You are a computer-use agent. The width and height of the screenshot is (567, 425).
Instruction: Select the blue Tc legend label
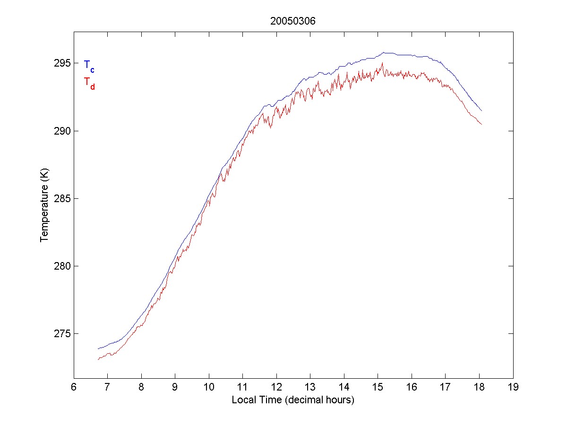pyautogui.click(x=89, y=66)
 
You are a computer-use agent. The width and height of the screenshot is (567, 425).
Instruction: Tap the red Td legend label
pyautogui.click(x=89, y=83)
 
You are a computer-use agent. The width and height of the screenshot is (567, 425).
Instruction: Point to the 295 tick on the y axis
pyautogui.click(x=62, y=63)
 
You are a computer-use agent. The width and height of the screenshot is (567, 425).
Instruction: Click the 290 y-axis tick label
pyautogui.click(x=62, y=131)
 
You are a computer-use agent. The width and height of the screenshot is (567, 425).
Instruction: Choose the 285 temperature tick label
pyautogui.click(x=62, y=198)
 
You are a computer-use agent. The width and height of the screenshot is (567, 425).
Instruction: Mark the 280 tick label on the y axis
pyautogui.click(x=62, y=266)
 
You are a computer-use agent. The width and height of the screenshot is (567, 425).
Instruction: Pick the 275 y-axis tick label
pyautogui.click(x=62, y=334)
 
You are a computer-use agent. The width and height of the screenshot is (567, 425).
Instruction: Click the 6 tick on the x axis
pyautogui.click(x=74, y=388)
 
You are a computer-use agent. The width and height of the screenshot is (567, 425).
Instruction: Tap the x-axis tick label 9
pyautogui.click(x=175, y=388)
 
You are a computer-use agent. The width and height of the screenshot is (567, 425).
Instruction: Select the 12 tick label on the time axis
pyautogui.click(x=276, y=388)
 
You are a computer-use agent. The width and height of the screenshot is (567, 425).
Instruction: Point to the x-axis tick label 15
pyautogui.click(x=378, y=388)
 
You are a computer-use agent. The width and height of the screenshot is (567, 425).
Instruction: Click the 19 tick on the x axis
pyautogui.click(x=513, y=388)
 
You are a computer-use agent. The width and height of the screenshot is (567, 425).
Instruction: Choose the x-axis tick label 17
pyautogui.click(x=446, y=388)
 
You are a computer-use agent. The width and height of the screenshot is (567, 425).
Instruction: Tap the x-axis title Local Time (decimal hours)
pyautogui.click(x=293, y=400)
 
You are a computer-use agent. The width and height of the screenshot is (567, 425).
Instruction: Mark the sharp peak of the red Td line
pyautogui.click(x=382, y=63)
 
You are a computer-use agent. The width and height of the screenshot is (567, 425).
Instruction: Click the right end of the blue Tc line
pyautogui.click(x=481, y=111)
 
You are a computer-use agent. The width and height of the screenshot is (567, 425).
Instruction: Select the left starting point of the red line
pyautogui.click(x=98, y=360)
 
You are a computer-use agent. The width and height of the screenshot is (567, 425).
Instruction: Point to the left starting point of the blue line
pyautogui.click(x=98, y=348)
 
